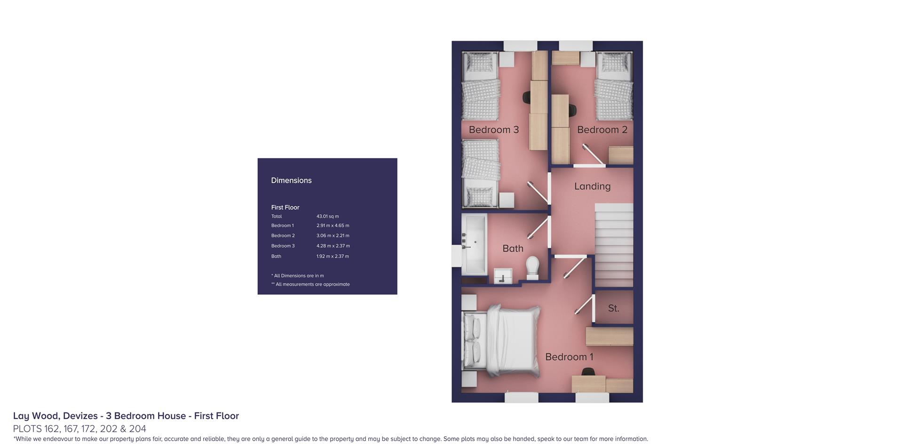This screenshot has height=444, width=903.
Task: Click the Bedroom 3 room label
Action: [493, 129]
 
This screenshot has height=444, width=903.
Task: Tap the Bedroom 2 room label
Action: [602, 129]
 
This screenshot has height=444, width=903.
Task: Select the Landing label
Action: [592, 186]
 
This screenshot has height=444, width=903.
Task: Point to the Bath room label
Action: [513, 248]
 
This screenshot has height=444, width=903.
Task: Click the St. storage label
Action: [613, 308]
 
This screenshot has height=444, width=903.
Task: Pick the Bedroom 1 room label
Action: [569, 357]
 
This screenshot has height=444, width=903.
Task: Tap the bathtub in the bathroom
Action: [474, 245]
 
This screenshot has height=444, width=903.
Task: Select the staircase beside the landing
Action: [614, 245]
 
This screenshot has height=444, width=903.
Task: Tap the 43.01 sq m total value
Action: [327, 217]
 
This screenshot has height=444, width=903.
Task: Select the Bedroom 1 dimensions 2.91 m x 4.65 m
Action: [333, 226]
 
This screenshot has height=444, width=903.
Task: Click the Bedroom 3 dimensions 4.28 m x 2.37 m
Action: [333, 246]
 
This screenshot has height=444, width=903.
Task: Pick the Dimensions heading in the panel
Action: [291, 180]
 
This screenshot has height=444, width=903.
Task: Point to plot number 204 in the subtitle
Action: [137, 429]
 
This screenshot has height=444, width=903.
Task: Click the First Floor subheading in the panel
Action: [285, 207]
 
